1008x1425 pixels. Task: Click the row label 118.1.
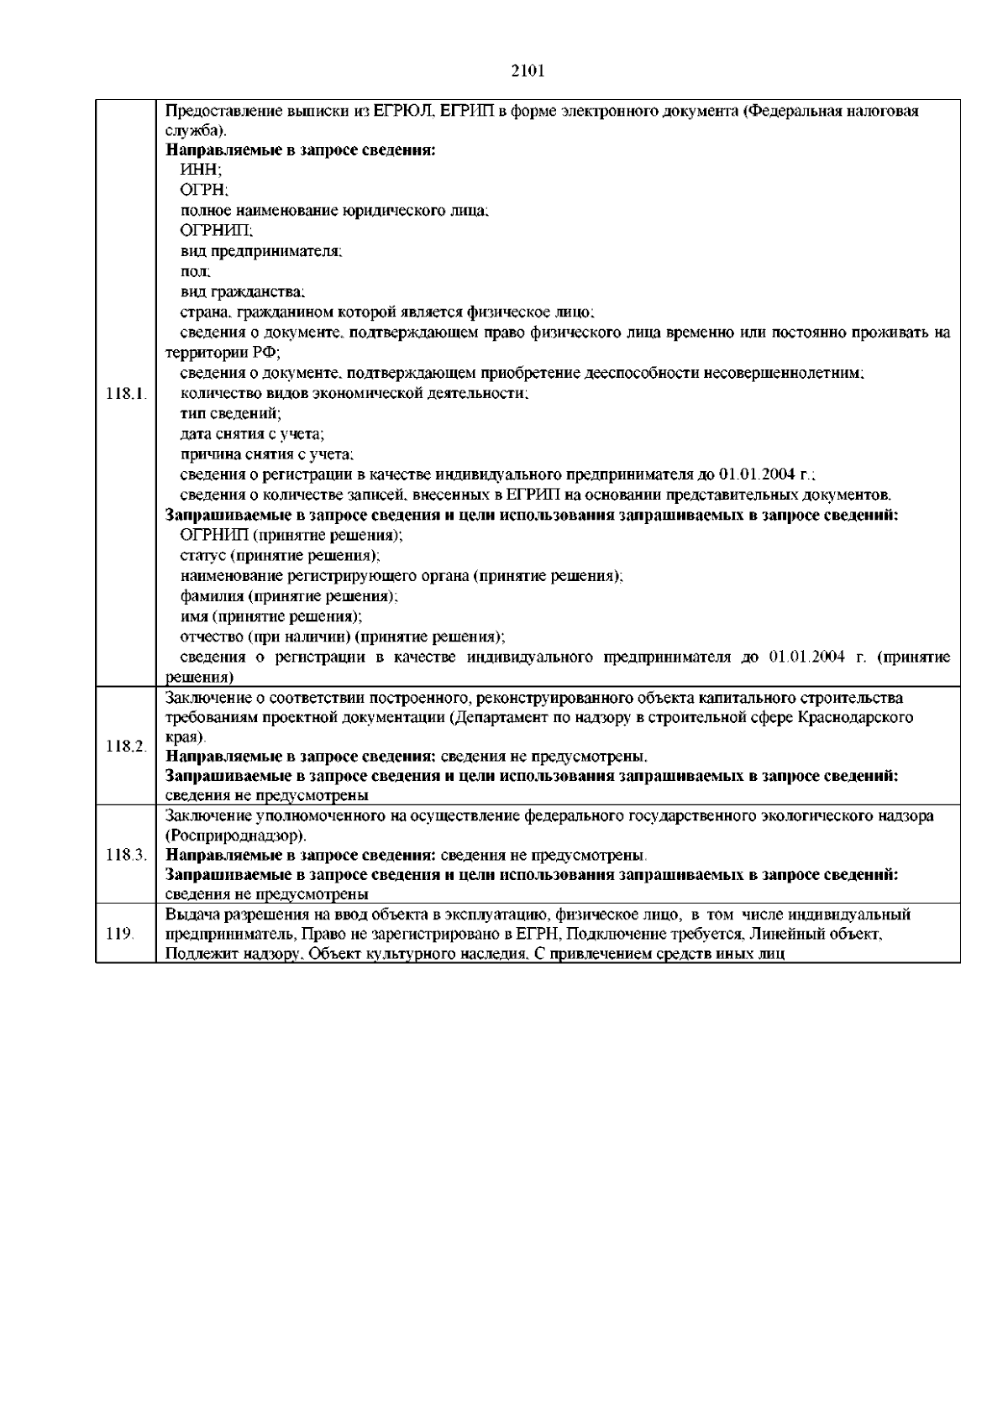pyautogui.click(x=126, y=393)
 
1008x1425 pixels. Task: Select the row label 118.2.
pyautogui.click(x=126, y=746)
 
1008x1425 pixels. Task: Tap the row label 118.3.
pyautogui.click(x=126, y=855)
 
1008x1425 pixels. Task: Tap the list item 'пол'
pyautogui.click(x=196, y=271)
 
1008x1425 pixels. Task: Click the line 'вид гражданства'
pyautogui.click(x=243, y=291)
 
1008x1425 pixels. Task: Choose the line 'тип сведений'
pyautogui.click(x=231, y=413)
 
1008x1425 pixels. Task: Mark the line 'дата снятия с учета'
pyautogui.click(x=253, y=433)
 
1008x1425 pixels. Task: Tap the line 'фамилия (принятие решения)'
pyautogui.click(x=289, y=596)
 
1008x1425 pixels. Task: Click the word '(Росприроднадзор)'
pyautogui.click(x=236, y=836)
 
